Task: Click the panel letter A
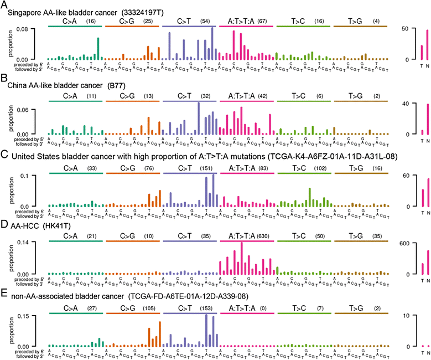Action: coord(4,4)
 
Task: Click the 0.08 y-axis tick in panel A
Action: coord(37,28)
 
